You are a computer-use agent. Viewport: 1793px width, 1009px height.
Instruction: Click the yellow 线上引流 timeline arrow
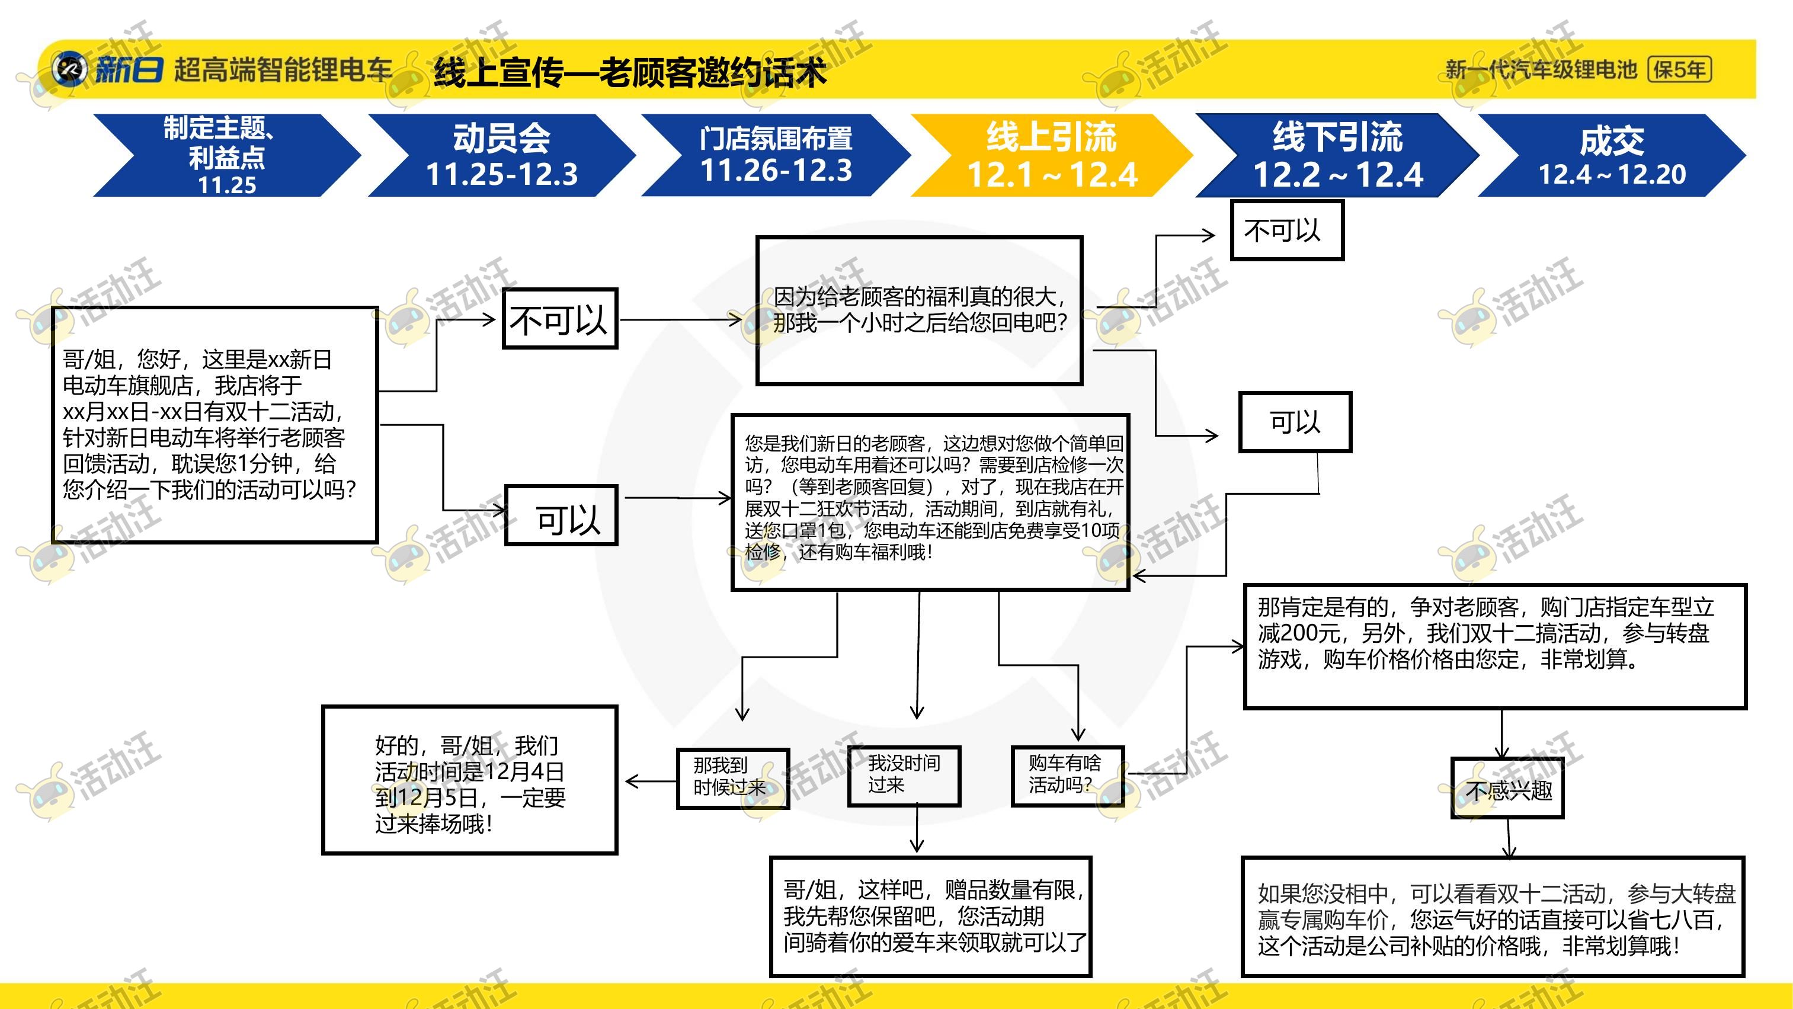1051,155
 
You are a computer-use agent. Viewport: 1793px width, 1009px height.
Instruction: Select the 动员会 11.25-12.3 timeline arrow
501,155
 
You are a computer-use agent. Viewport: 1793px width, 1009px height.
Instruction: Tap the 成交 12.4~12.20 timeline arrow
1611,155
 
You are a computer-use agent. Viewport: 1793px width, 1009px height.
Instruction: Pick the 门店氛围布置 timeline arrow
776,155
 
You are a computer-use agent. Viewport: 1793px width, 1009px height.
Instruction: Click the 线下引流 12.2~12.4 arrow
1336,155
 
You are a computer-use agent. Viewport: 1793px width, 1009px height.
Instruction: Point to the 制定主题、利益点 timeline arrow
227,155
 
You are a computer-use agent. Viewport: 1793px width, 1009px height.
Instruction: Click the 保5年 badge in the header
1679,69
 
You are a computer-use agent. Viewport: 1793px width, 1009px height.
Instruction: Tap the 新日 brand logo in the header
108,69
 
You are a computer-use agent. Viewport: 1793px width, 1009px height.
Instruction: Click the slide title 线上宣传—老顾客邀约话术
630,72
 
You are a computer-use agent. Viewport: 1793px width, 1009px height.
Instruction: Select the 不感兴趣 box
1507,788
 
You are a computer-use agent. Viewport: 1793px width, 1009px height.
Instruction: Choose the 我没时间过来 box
904,777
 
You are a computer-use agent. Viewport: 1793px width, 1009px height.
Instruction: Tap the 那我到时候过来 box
733,779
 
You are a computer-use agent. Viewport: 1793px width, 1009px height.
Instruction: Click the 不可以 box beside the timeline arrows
1287,230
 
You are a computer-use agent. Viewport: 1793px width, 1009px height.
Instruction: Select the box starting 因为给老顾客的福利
920,310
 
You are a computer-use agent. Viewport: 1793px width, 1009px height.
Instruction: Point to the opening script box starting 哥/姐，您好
215,424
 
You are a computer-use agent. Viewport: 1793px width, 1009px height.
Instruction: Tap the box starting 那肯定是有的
1495,646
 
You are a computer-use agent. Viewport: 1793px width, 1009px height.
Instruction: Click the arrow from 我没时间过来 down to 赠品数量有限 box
917,828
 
